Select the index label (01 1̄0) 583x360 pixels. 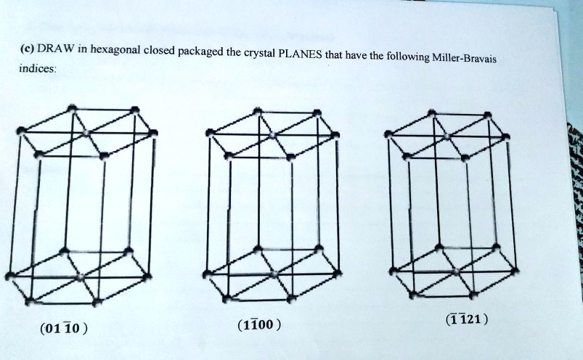[65, 328]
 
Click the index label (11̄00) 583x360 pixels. [256, 324]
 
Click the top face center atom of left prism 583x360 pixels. [86, 133]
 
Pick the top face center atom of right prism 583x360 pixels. [448, 135]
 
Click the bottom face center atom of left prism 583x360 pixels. [81, 277]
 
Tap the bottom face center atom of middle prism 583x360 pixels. [273, 274]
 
